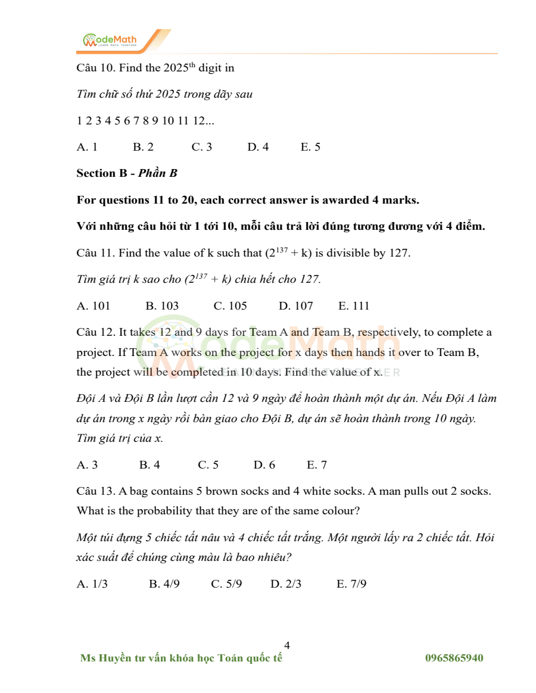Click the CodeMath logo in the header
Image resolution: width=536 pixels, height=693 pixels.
pos(110,40)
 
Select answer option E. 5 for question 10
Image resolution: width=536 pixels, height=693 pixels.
pos(310,147)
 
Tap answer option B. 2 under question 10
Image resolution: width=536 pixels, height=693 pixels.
pos(143,147)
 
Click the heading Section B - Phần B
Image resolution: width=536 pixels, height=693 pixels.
pos(127,173)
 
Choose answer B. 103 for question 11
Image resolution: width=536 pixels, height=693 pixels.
pos(162,306)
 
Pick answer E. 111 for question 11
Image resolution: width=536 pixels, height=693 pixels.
pos(354,306)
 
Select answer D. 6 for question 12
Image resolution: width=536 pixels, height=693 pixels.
pos(264,465)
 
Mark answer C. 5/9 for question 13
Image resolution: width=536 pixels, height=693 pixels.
pos(226,584)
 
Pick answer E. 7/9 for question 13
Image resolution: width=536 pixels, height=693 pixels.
pos(351,584)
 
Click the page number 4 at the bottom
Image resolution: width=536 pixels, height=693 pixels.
pos(287,645)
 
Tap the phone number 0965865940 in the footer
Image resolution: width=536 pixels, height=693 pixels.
pos(454,658)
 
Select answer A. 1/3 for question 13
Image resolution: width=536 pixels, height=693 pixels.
pos(92,584)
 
